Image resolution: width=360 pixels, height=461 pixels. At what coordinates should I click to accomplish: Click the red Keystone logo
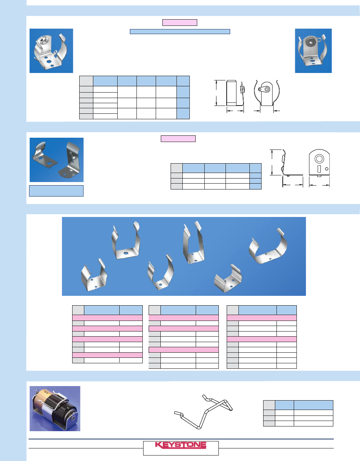180,445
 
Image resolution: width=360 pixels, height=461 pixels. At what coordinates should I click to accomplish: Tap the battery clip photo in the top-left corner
51,51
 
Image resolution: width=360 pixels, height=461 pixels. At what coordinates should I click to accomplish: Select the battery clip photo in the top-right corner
313,51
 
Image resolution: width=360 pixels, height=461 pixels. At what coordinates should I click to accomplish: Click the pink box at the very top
180,23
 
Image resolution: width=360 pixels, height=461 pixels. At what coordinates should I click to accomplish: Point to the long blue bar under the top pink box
180,31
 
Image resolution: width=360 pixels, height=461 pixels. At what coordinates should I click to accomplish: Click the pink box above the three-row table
178,139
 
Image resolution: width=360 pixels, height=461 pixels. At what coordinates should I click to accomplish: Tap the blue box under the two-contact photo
56,191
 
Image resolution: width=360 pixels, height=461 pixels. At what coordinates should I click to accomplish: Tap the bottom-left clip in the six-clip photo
94,275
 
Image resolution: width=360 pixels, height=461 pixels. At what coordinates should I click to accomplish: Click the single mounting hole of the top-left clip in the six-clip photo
125,253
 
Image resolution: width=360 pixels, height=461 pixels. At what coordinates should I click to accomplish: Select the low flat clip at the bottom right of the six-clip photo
228,279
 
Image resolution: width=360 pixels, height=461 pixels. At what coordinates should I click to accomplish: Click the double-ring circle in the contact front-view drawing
319,159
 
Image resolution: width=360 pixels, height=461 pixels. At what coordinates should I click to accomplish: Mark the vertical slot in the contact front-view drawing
319,169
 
